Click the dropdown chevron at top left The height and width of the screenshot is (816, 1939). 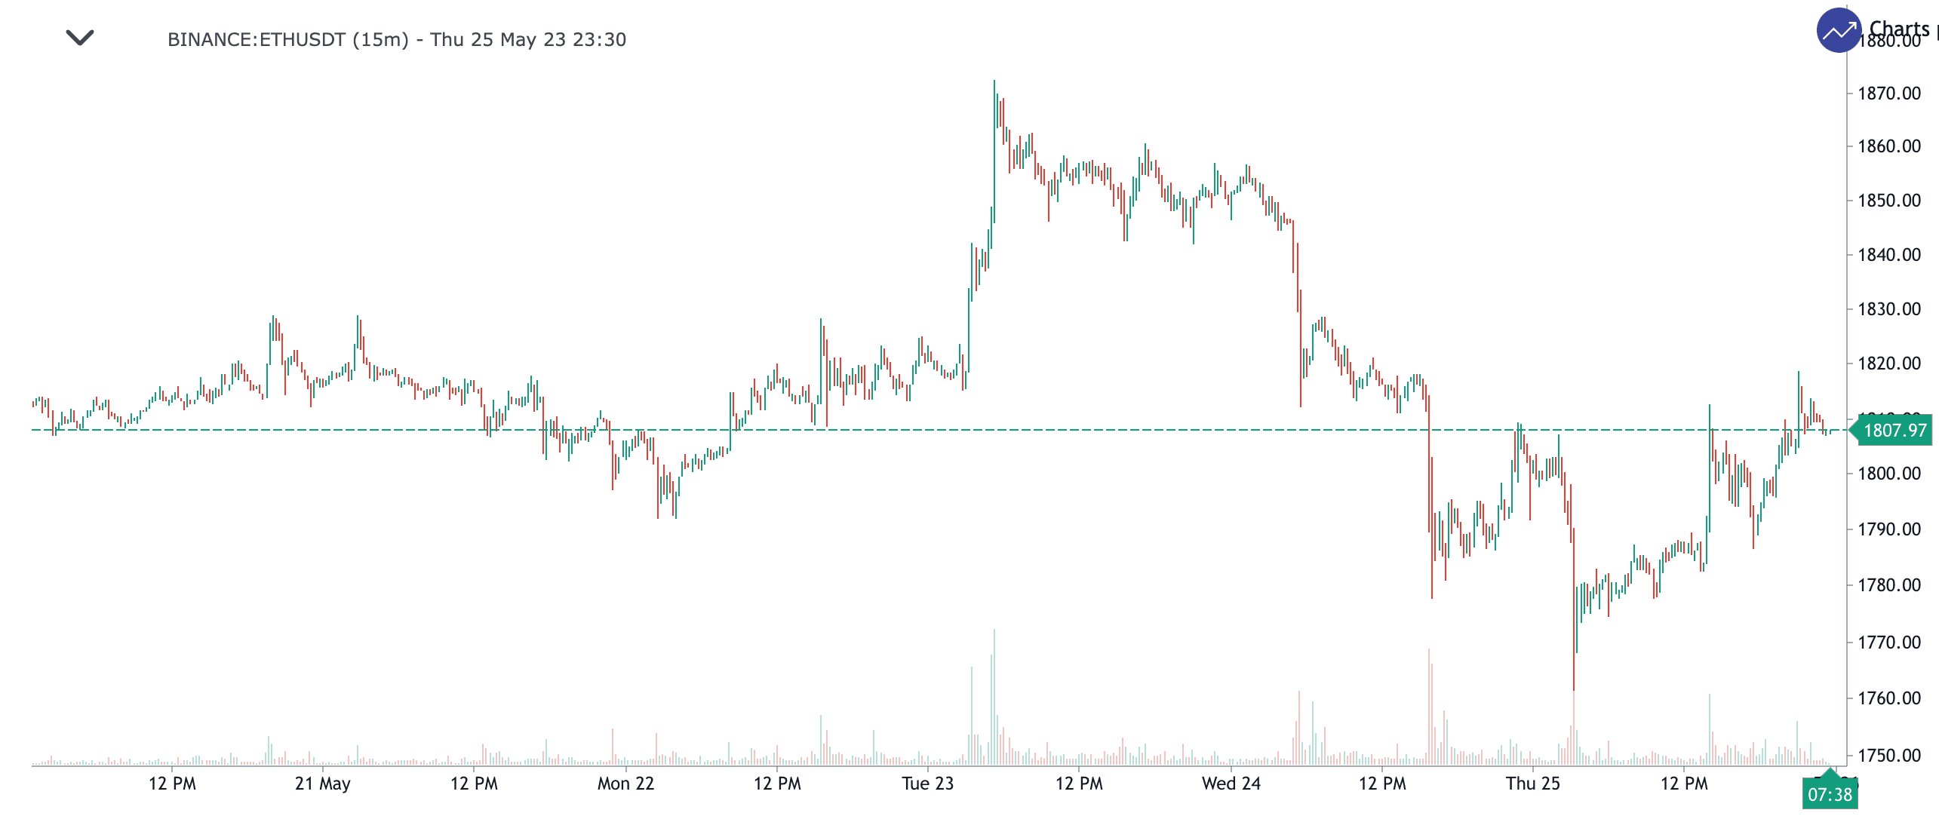tap(80, 37)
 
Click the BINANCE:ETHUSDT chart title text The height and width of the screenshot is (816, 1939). tap(396, 39)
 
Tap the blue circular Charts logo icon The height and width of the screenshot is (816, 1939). tap(1839, 31)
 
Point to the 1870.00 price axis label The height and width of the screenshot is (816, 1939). tap(1889, 94)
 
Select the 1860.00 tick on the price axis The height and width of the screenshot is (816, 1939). tap(1889, 146)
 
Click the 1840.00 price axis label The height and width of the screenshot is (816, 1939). tap(1889, 255)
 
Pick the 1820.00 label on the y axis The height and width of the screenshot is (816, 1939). tap(1889, 364)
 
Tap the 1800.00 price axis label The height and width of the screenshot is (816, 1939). tap(1889, 474)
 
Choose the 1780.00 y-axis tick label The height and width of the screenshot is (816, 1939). tap(1889, 585)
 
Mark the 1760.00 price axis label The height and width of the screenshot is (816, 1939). tap(1889, 698)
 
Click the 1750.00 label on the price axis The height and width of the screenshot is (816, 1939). tap(1889, 756)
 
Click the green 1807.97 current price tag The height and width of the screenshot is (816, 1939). tap(1894, 431)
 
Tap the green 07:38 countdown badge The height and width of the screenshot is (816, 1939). tap(1830, 794)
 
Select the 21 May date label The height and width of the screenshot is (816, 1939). tap(322, 784)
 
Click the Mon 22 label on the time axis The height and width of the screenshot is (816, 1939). tap(625, 784)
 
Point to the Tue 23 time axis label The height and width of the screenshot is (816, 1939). tap(927, 784)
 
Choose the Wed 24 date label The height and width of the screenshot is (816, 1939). tap(1231, 784)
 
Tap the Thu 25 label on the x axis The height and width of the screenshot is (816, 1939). tap(1532, 784)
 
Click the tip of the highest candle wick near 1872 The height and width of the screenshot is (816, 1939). tap(994, 81)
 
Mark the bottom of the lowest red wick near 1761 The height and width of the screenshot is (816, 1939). tap(1574, 689)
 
